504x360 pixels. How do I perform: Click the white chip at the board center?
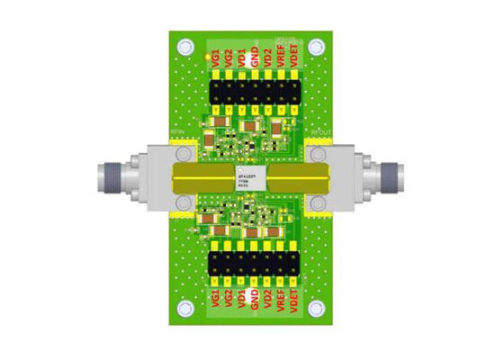tap(251, 176)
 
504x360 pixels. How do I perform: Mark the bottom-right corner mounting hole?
tap(316, 310)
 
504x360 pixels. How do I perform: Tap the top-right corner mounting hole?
tap(316, 46)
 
